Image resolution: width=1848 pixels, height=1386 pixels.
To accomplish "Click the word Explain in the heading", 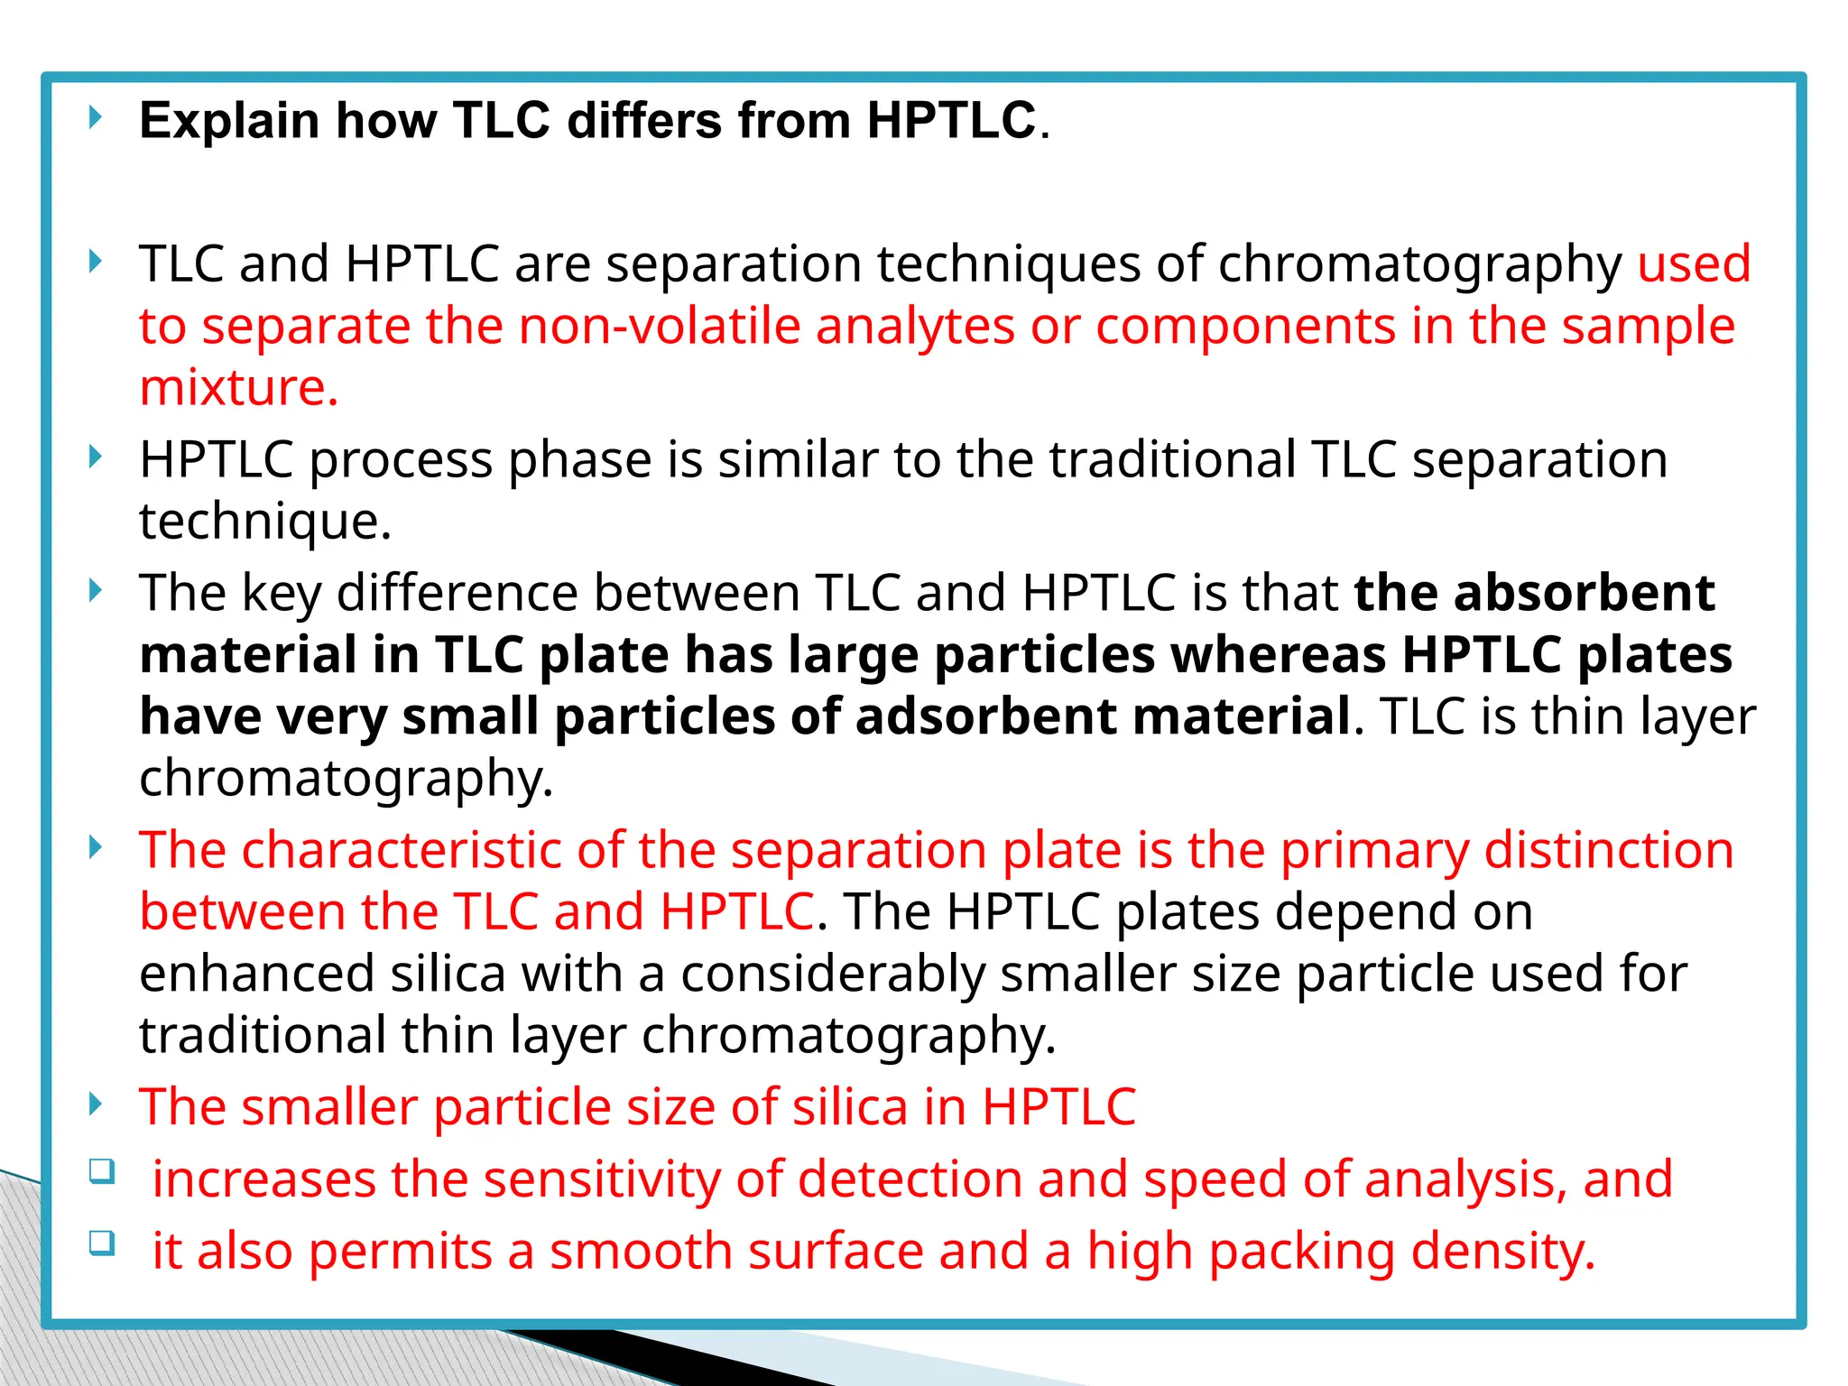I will coord(229,121).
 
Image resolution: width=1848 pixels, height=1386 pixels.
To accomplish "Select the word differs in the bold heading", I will coord(644,120).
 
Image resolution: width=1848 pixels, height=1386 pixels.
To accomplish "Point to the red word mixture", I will coord(238,388).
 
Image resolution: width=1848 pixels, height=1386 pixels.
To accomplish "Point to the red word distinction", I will coord(1609,850).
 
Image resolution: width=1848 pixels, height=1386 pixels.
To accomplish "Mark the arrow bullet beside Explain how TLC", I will coord(96,117).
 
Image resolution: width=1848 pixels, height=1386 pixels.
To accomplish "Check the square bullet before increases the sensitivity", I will coord(102,1172).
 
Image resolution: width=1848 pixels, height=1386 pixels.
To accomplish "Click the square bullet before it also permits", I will coord(102,1243).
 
